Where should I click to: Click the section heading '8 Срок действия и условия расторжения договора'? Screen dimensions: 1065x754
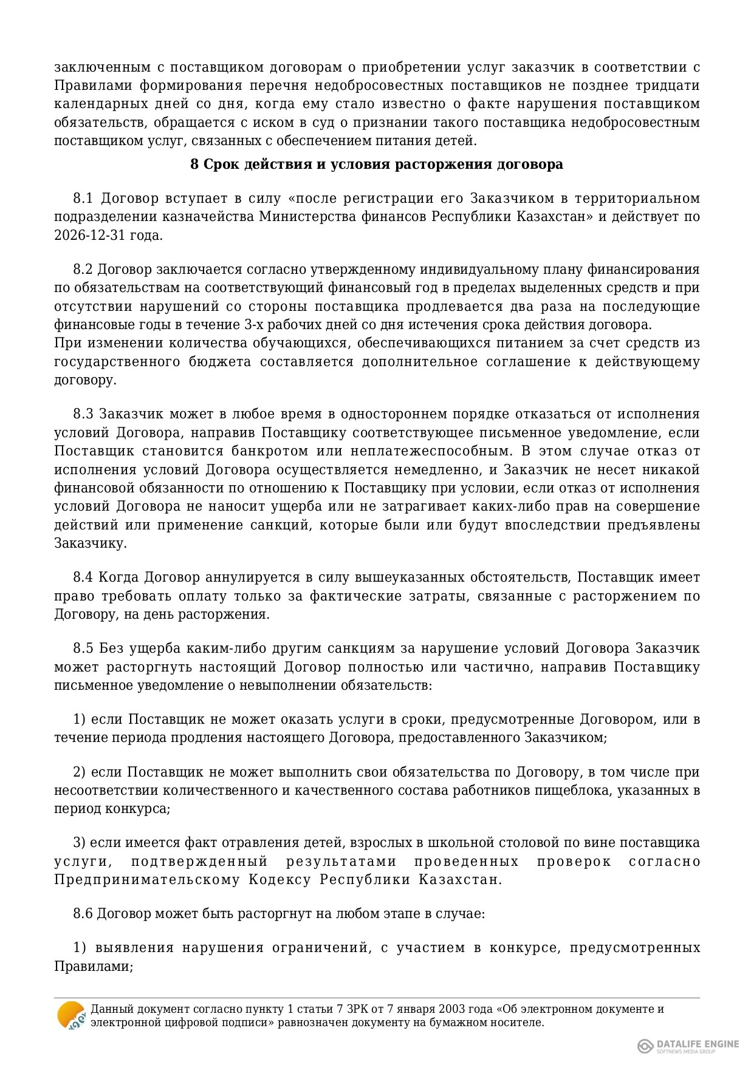377,165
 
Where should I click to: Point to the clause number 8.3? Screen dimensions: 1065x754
83,414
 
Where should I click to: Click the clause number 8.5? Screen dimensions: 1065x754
83,648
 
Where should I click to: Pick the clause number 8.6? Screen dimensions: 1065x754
83,913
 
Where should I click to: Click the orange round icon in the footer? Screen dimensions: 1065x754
70,1015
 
